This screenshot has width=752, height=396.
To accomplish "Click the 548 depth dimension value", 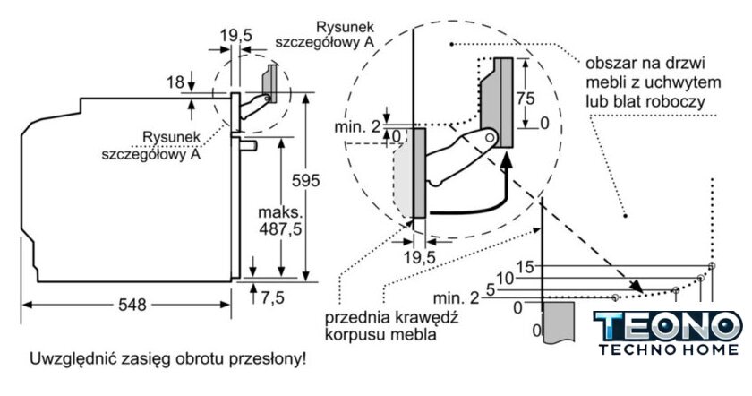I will (x=131, y=305).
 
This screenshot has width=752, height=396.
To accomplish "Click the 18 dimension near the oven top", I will (x=175, y=82).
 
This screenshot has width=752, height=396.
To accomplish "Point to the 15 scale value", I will (x=525, y=266).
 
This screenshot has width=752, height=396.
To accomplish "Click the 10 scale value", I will (x=505, y=278).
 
